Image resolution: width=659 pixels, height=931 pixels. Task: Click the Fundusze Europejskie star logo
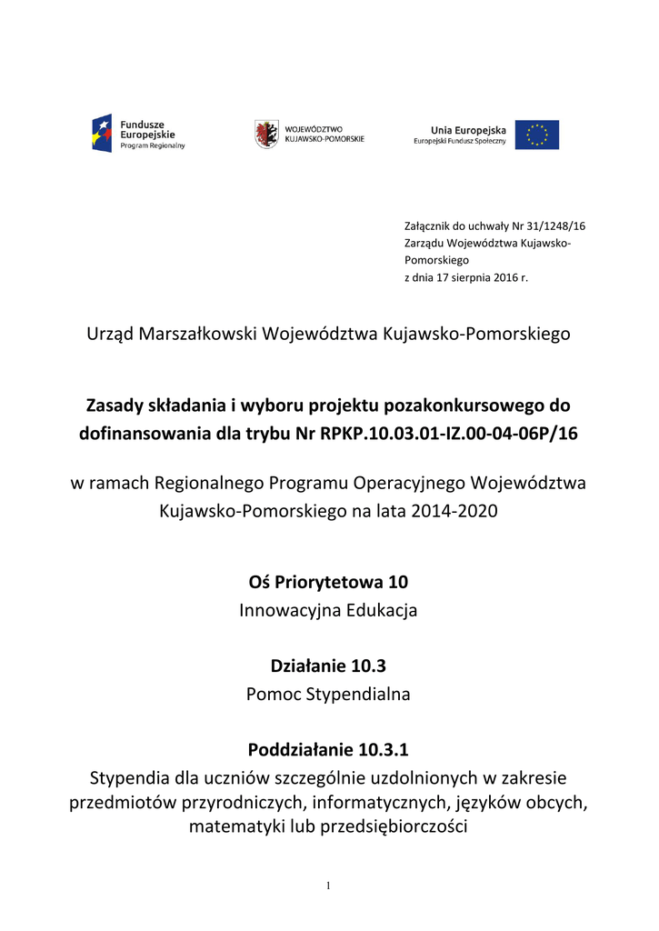tap(101, 133)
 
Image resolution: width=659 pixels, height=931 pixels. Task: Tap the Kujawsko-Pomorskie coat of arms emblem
tap(265, 134)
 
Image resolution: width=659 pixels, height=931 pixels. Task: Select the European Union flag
tap(537, 135)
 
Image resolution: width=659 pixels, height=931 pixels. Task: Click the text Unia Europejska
tap(468, 130)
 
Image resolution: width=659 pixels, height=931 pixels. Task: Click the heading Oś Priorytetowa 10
tap(328, 580)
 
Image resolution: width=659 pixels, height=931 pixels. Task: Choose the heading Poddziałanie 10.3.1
tap(328, 750)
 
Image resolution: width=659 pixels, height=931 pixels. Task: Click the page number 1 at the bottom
tap(329, 886)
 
